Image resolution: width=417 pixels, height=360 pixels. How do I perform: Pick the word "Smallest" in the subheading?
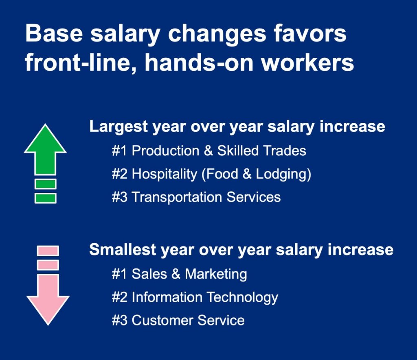click(x=122, y=249)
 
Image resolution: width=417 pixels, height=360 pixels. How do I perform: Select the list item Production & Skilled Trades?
click(x=219, y=151)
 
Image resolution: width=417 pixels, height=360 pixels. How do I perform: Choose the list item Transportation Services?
click(x=206, y=197)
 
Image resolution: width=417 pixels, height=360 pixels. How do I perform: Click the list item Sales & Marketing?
click(x=189, y=274)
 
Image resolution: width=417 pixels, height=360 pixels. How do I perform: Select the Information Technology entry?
click(x=205, y=297)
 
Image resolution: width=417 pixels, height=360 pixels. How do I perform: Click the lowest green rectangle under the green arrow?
click(x=45, y=198)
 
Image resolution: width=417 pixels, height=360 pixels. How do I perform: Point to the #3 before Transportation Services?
click(x=119, y=197)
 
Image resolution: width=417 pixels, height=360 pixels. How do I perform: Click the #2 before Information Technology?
click(x=119, y=297)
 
